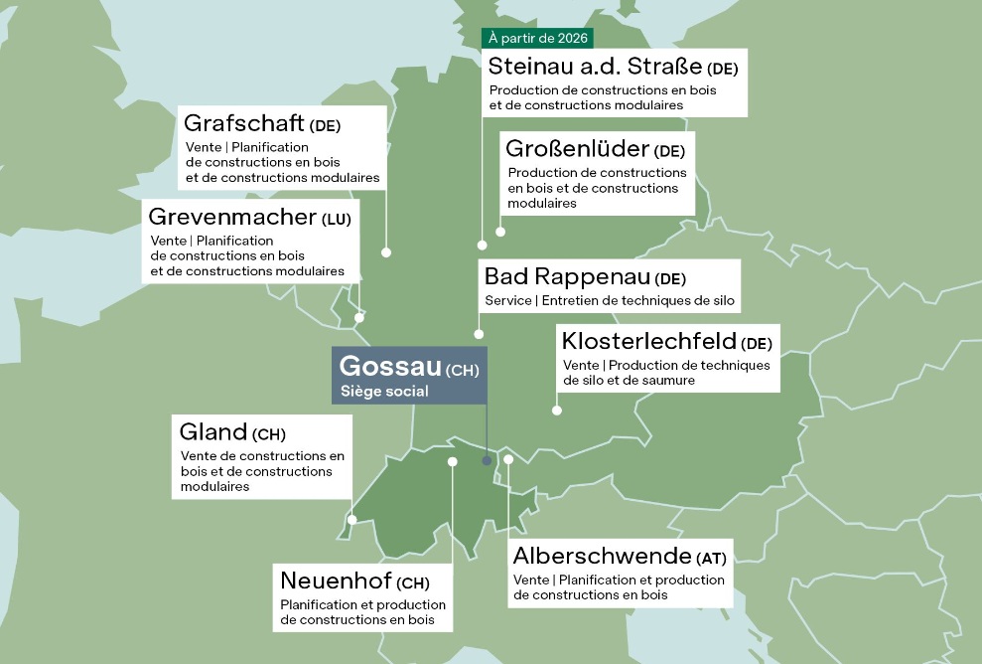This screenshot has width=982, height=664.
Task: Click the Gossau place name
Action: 390,366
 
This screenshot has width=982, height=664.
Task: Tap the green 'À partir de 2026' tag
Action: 537,39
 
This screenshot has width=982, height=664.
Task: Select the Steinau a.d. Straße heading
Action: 595,67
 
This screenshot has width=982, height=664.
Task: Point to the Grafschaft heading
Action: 244,124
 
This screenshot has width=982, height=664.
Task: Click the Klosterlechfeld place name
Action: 648,341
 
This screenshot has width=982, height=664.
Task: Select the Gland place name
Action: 212,432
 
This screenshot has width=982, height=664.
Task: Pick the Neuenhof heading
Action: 336,581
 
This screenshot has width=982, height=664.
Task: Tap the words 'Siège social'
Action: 384,392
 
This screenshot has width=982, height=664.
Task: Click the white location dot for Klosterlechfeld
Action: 557,410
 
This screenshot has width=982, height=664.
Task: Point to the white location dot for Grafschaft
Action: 386,252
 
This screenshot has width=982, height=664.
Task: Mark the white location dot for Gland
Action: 352,519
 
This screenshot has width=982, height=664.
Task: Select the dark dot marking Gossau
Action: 487,461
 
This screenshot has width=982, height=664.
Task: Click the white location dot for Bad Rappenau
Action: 479,334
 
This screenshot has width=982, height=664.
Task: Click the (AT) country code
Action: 711,557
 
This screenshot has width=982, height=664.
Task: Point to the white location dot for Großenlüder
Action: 500,232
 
